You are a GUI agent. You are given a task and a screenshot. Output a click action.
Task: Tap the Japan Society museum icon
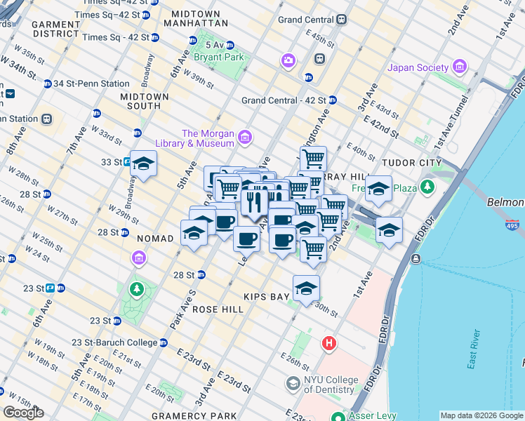coord(460,67)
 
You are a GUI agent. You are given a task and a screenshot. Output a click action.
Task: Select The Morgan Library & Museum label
coord(207,138)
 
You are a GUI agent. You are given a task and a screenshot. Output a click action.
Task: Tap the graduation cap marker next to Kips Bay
coord(306,288)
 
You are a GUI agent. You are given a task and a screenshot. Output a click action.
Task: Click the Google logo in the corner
coord(23,413)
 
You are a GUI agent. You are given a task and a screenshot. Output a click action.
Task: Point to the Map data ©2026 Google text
coord(481,415)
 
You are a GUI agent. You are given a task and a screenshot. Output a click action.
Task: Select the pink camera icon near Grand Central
coord(288,61)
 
